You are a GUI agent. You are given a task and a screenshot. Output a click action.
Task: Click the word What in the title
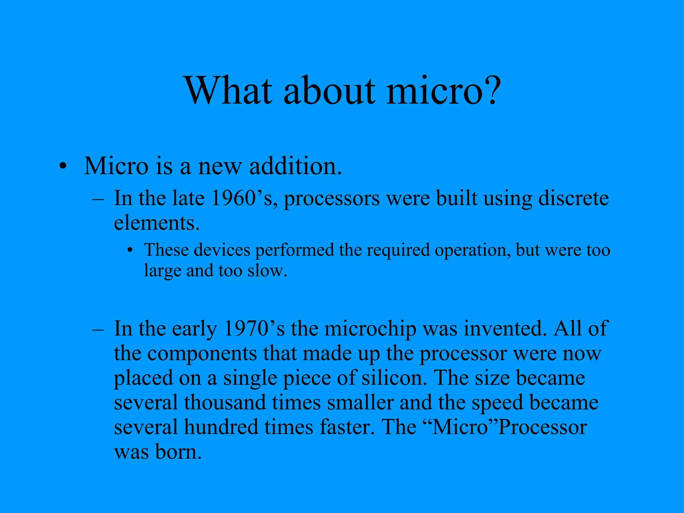click(x=229, y=91)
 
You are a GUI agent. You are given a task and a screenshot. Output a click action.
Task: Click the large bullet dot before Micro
click(x=63, y=166)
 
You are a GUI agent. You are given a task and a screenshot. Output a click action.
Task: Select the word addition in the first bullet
click(x=295, y=166)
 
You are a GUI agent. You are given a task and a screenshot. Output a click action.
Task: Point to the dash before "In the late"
click(x=98, y=199)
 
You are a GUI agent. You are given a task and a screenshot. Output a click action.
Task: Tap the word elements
click(x=157, y=223)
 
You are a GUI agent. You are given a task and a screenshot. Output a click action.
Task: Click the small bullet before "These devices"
click(x=130, y=250)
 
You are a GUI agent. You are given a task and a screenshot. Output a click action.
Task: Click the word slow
click(x=267, y=271)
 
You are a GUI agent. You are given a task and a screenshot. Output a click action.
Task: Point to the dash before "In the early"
click(x=98, y=329)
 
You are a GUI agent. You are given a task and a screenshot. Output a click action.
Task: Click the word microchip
click(x=370, y=329)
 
